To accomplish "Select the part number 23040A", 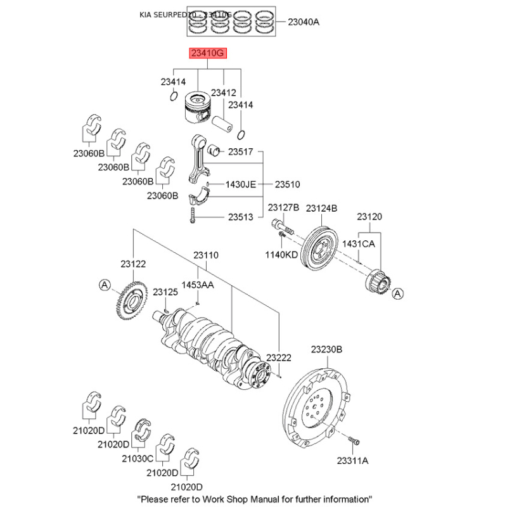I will pos(304,22).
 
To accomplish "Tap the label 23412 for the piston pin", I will pos(223,93).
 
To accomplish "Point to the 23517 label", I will pos(240,152).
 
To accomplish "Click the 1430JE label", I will pos(241,184).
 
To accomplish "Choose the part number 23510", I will pos(287,184).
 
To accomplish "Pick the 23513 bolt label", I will pos(240,217).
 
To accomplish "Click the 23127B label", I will pos(283,208).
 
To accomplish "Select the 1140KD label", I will pos(281,255).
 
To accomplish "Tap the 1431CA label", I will pos(359,243).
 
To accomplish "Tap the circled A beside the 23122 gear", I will pos(105,286).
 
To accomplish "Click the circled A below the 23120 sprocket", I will pos(397,293).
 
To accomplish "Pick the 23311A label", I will pos(352,461).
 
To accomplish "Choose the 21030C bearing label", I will pos(138,458).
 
